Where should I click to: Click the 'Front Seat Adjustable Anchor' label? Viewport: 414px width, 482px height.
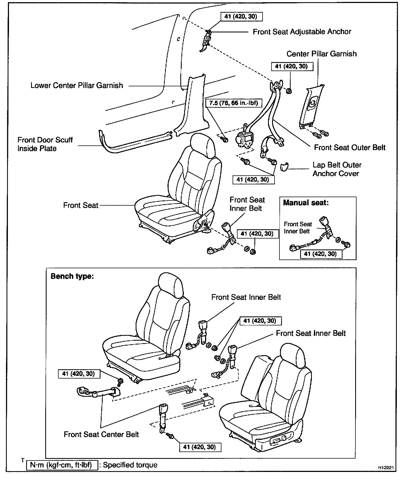click(302, 32)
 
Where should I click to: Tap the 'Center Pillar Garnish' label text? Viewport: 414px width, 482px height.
click(321, 54)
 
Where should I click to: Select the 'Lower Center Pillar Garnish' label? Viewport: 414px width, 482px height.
click(77, 86)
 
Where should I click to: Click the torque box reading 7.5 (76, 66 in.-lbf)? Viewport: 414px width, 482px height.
click(233, 103)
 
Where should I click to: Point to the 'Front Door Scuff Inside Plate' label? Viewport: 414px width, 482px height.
click(45, 144)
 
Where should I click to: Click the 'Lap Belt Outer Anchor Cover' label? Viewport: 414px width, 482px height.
click(337, 169)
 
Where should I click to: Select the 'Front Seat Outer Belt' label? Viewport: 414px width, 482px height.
click(349, 148)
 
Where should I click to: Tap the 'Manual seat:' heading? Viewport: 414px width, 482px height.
click(306, 203)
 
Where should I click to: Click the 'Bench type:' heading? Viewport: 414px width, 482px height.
click(72, 276)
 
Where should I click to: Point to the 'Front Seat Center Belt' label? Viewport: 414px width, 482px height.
click(101, 434)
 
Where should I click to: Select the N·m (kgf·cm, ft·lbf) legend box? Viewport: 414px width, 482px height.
click(62, 465)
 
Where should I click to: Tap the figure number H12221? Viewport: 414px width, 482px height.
click(386, 467)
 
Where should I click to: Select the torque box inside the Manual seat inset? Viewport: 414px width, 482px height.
click(321, 254)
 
